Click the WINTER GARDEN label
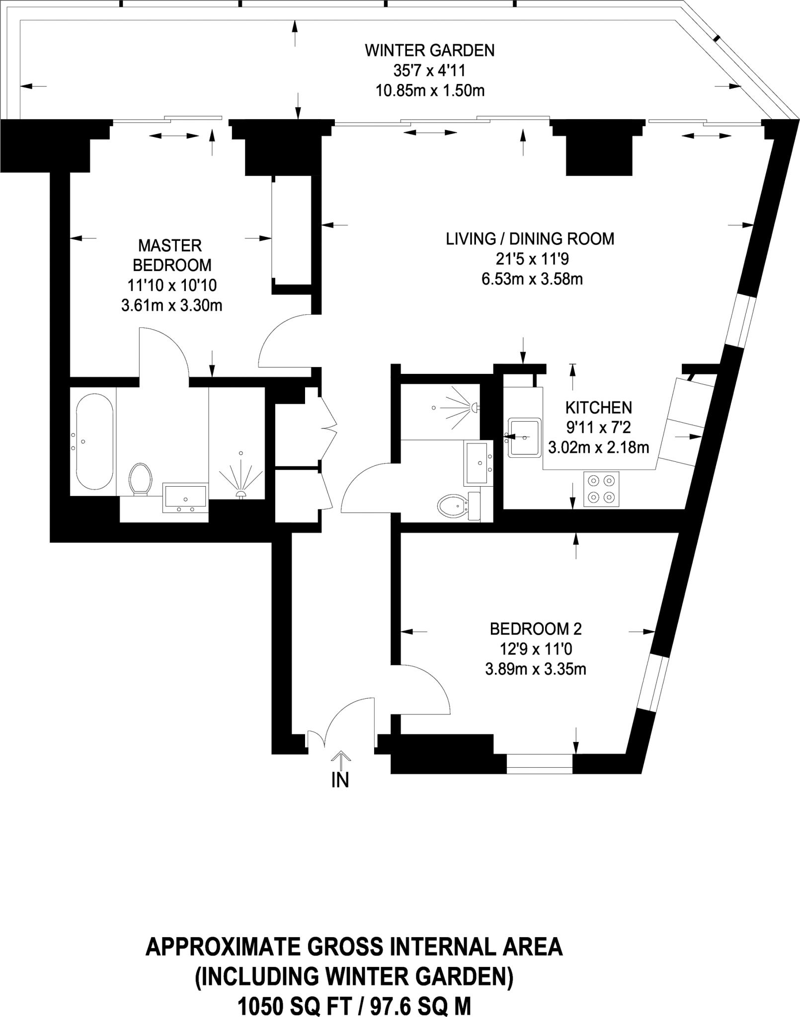point(429,51)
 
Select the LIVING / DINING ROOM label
point(530,239)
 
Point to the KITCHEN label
point(598,408)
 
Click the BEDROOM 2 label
point(535,629)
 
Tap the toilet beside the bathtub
point(140,479)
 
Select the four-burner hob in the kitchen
point(601,489)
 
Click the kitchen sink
point(524,437)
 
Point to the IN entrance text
point(340,780)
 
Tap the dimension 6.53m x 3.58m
point(532,279)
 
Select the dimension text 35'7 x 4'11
point(429,71)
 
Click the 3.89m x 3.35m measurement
point(535,669)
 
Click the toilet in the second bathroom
point(453,507)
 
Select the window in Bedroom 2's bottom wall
point(540,764)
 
